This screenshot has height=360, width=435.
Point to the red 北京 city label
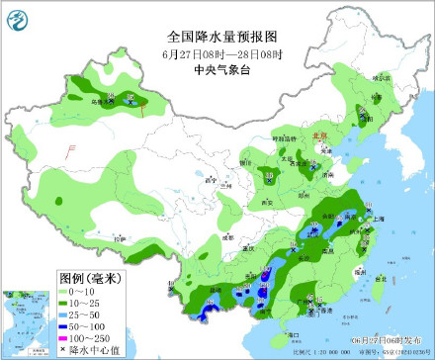click(318, 137)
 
